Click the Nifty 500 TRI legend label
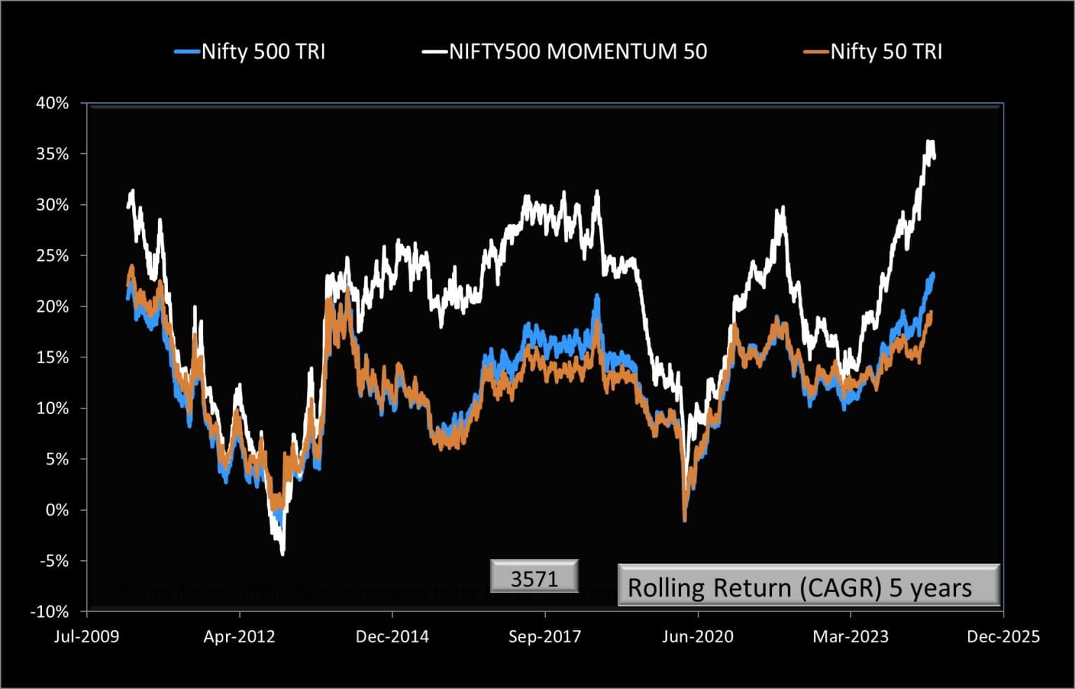pyautogui.click(x=263, y=52)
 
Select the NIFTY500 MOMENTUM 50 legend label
pyautogui.click(x=577, y=52)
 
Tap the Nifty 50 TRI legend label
pyautogui.click(x=886, y=52)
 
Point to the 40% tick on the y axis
pyautogui.click(x=52, y=104)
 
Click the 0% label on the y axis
pyautogui.click(x=57, y=510)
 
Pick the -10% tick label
pyautogui.click(x=50, y=611)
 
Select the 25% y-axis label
pyautogui.click(x=52, y=256)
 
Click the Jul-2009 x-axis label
pyautogui.click(x=87, y=637)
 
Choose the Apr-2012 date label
pyautogui.click(x=239, y=637)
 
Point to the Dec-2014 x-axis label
pyautogui.click(x=392, y=637)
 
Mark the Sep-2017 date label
pyautogui.click(x=544, y=637)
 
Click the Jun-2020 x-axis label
pyautogui.click(x=698, y=637)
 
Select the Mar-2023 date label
pyautogui.click(x=850, y=637)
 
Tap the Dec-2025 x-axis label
pyautogui.click(x=1003, y=637)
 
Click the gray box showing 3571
pyautogui.click(x=534, y=578)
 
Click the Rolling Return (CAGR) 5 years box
pyautogui.click(x=808, y=586)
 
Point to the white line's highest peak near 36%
pyautogui.click(x=930, y=143)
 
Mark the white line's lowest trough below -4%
pyautogui.click(x=283, y=554)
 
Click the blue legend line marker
pyautogui.click(x=187, y=52)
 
